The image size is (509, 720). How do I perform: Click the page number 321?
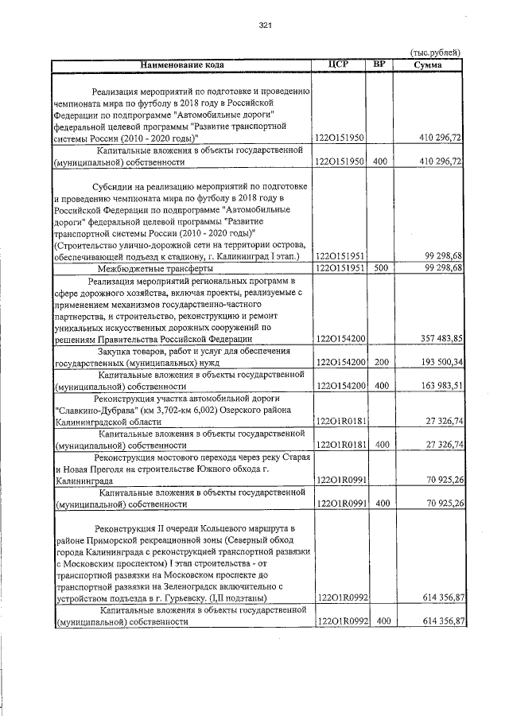266,26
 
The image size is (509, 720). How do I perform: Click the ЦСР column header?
340,64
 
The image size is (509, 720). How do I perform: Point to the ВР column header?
380,64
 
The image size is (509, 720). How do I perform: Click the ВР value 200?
380,362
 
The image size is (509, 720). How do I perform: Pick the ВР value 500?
380,268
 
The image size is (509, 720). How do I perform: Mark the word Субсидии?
111,185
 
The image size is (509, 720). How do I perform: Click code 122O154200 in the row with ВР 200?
340,362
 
